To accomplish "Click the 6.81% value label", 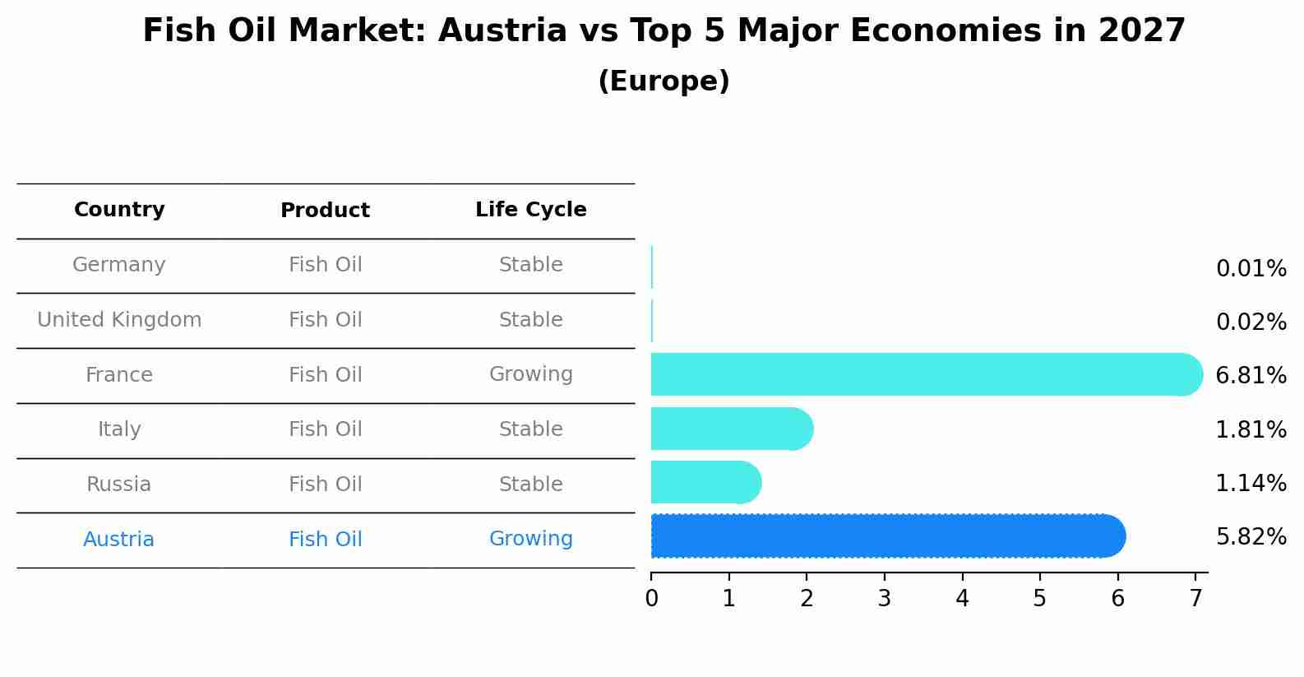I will click(1251, 376).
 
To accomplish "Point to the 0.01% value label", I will click(1251, 269).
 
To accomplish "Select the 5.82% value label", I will click(1251, 537).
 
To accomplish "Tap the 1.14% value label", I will click(1251, 484).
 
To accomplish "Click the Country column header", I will click(119, 210).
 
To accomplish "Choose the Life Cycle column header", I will click(530, 210).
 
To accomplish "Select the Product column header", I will click(325, 211).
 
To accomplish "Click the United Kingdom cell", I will click(119, 320).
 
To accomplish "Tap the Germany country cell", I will click(119, 265).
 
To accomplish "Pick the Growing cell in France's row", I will click(530, 374).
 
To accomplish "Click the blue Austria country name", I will click(119, 540).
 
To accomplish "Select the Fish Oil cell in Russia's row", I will click(325, 485).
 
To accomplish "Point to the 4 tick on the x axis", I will click(962, 598).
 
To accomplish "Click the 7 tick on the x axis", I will click(1195, 598).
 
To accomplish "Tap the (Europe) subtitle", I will click(664, 81).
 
